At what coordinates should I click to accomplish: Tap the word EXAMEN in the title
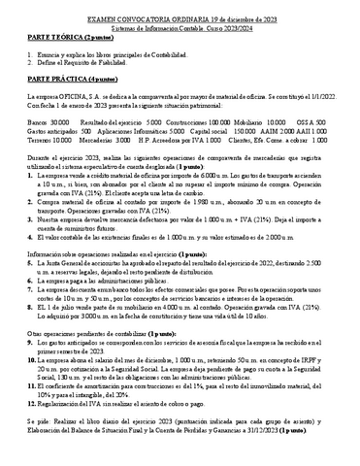pyautogui.click(x=103, y=7)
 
